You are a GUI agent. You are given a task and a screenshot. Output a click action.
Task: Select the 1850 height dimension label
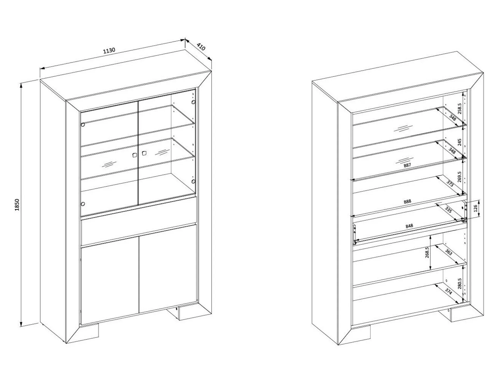pyautogui.click(x=17, y=204)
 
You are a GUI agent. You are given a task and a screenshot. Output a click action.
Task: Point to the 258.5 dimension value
pyautogui.click(x=459, y=109)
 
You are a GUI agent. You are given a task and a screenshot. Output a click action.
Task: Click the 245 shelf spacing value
pyautogui.click(x=459, y=142)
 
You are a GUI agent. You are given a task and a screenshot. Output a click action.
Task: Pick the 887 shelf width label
pyautogui.click(x=407, y=165)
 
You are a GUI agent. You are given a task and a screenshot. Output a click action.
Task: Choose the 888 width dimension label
pyautogui.click(x=407, y=201)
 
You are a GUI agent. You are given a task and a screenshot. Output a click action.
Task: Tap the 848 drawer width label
pyautogui.click(x=409, y=226)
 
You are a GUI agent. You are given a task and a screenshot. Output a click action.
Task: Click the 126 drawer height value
pyautogui.click(x=475, y=208)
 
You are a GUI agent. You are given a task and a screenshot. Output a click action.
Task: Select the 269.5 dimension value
pyautogui.click(x=459, y=177)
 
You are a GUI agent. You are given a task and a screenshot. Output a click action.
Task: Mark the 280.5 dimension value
pyautogui.click(x=459, y=284)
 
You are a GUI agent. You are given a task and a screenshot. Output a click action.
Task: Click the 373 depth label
pyautogui.click(x=450, y=184)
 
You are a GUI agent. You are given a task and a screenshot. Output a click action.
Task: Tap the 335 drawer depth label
pyautogui.click(x=448, y=209)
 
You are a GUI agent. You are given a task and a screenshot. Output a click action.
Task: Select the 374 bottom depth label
pyautogui.click(x=448, y=291)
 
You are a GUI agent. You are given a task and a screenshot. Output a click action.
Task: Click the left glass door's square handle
pyautogui.click(x=134, y=155)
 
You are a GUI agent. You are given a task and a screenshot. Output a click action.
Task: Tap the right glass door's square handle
pyautogui.click(x=144, y=153)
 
